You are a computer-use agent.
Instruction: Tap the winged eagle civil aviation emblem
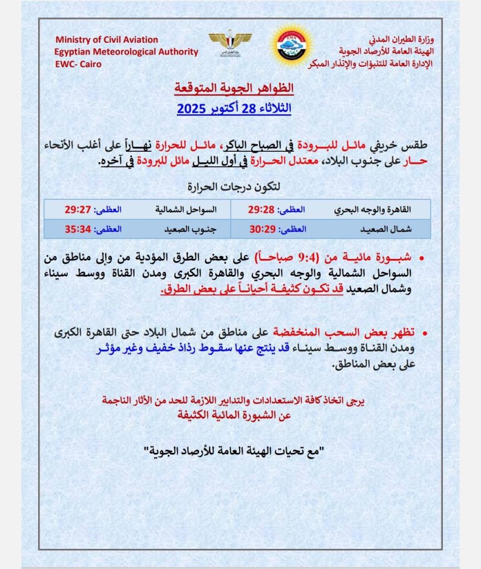pyautogui.click(x=230, y=43)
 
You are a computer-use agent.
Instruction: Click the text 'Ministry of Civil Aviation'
pyautogui.click(x=107, y=40)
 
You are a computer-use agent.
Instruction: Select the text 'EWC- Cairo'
pyautogui.click(x=78, y=63)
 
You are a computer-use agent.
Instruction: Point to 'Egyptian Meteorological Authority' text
pyautogui.click(x=126, y=52)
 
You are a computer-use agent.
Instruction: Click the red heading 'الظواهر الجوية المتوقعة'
pyautogui.click(x=234, y=88)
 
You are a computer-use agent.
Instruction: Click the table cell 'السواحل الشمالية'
pyautogui.click(x=182, y=210)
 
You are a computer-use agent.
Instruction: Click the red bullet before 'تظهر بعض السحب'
pyautogui.click(x=426, y=333)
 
